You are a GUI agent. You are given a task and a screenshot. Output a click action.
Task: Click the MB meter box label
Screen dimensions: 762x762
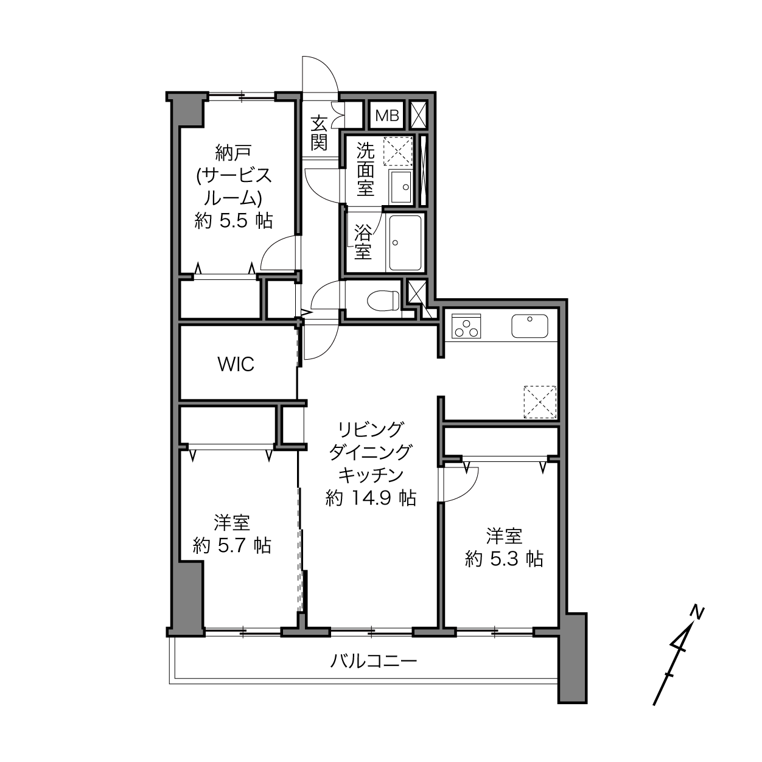click(387, 116)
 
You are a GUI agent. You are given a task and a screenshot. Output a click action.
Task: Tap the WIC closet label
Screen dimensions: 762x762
click(236, 364)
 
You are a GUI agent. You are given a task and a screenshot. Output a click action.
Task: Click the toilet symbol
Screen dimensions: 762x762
click(383, 301)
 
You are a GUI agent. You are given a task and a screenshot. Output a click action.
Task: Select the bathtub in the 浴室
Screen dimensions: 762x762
click(405, 243)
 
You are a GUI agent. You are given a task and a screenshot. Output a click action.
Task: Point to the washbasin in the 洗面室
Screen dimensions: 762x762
click(400, 187)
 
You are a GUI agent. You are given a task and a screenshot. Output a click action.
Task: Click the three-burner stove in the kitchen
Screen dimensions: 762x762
click(466, 326)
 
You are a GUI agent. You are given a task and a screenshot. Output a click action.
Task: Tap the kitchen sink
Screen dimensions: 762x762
click(530, 326)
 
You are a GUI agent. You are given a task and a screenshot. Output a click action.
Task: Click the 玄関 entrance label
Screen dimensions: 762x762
click(319, 133)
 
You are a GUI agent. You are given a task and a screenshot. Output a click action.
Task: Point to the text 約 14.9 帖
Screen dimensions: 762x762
click(371, 498)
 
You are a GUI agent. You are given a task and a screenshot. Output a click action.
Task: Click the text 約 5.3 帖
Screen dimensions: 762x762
click(504, 559)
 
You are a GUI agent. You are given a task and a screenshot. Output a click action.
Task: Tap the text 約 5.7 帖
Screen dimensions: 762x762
click(232, 546)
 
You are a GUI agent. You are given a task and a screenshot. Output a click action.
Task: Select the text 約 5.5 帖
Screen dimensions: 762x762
click(234, 220)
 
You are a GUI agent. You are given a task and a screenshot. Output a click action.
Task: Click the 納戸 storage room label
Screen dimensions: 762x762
click(234, 153)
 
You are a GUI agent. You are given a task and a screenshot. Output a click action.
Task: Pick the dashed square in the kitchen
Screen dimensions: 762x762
click(540, 402)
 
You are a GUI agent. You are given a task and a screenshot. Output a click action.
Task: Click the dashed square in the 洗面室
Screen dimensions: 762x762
click(398, 151)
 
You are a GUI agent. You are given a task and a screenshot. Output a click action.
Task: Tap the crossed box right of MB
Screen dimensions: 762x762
click(419, 115)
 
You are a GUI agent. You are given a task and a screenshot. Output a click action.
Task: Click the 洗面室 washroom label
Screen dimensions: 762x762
click(365, 169)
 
